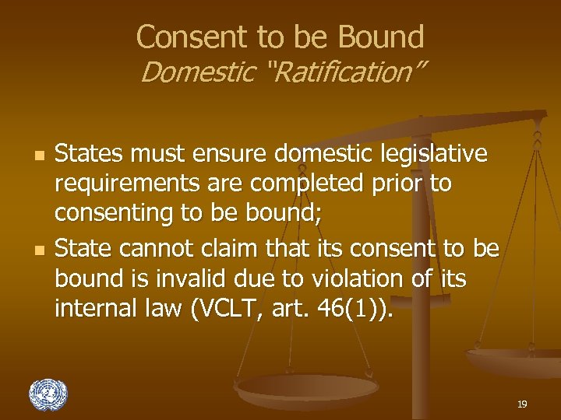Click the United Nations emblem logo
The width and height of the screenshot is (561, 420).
[48, 394]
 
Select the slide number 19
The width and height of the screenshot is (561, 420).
[522, 404]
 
